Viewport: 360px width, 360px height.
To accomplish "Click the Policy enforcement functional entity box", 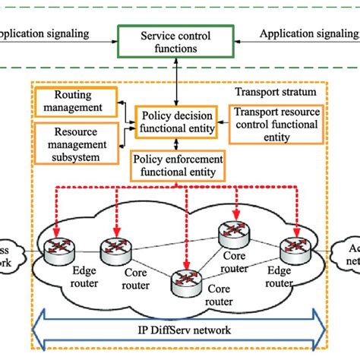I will tap(176, 166).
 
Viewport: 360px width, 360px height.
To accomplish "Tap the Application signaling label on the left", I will tap(43, 33).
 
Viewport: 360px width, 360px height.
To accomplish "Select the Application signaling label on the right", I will tap(308, 33).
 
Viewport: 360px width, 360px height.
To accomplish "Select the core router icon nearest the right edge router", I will tap(232, 233).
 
